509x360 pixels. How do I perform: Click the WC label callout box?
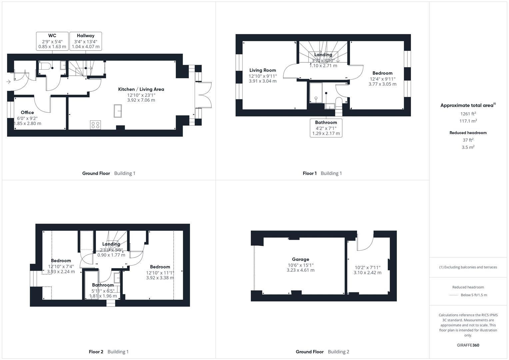click(x=52, y=41)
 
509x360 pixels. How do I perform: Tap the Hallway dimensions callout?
click(x=86, y=41)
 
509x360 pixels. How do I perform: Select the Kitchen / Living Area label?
click(x=141, y=89)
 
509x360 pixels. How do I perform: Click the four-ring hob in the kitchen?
click(x=95, y=125)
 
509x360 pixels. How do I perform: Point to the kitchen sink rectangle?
click(x=118, y=111)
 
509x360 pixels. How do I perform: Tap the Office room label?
click(x=27, y=113)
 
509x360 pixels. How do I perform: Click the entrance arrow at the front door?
click(x=8, y=82)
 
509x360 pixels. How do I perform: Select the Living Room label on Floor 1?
click(x=263, y=70)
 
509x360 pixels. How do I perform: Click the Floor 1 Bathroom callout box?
click(x=326, y=128)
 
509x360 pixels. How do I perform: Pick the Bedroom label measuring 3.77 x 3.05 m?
click(x=382, y=73)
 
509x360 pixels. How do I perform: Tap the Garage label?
click(x=300, y=259)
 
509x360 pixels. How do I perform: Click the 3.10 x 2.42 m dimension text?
click(x=367, y=273)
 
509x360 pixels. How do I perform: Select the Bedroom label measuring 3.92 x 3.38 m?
click(x=160, y=267)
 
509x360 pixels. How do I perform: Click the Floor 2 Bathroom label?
click(x=103, y=285)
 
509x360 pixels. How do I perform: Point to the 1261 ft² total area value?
click(x=468, y=114)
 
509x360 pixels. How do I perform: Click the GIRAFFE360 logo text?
click(x=468, y=345)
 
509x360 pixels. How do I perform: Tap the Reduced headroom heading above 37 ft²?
click(x=468, y=133)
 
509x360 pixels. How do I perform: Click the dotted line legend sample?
click(x=454, y=295)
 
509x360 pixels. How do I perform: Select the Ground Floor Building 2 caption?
click(x=322, y=352)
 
